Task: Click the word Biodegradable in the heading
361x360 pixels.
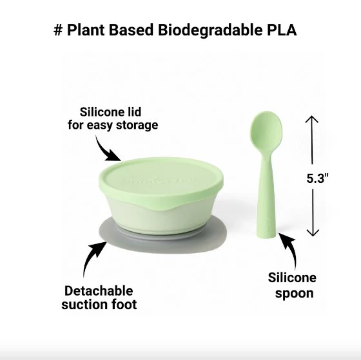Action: tap(210, 31)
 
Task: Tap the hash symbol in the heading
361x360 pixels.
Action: tap(58, 30)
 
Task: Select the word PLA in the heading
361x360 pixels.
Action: tap(282, 30)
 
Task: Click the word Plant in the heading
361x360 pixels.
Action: tap(86, 30)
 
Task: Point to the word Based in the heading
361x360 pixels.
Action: tap(131, 30)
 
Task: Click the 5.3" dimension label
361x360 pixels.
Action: tap(317, 178)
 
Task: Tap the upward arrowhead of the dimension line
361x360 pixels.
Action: tap(312, 119)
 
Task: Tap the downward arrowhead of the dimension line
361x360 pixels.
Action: tap(313, 232)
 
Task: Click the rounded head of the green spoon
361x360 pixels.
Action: tap(266, 128)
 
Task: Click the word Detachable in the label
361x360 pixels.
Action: tap(99, 291)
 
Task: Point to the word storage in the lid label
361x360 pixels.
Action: tap(137, 126)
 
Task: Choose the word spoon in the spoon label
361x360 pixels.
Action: tap(294, 294)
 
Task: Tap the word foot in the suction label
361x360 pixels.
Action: tap(124, 304)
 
